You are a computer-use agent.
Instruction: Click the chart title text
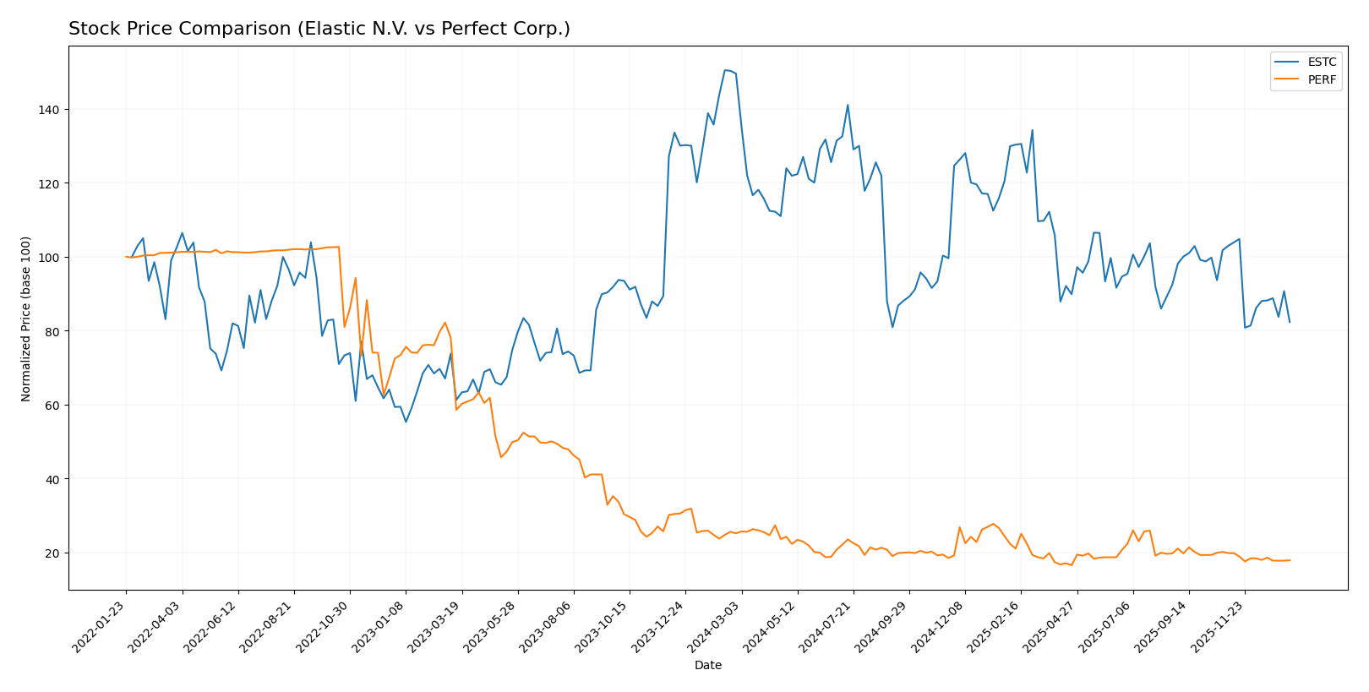(319, 29)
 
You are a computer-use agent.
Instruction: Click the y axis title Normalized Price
(26, 319)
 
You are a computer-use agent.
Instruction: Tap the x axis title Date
(707, 666)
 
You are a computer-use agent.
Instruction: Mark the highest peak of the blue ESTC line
(725, 70)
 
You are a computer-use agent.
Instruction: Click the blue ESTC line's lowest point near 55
(406, 422)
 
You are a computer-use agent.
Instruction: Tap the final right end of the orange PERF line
(1290, 560)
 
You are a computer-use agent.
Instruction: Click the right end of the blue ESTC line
(1290, 322)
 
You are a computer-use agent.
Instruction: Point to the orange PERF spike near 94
(355, 278)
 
